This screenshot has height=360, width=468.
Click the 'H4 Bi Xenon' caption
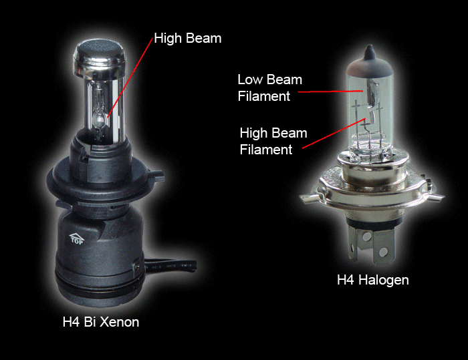tap(101, 322)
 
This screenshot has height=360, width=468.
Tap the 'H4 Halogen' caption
tap(373, 280)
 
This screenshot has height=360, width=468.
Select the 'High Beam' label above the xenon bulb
tap(188, 39)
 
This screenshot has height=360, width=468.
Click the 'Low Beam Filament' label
tap(270, 87)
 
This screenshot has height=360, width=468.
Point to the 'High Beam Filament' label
tap(273, 141)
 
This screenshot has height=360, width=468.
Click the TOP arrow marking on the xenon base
tap(77, 238)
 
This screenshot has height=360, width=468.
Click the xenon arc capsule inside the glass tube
tap(99, 120)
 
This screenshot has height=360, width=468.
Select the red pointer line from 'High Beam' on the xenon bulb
tap(130, 78)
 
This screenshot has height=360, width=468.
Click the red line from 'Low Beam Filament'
tap(330, 92)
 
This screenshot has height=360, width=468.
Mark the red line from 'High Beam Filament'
tap(334, 133)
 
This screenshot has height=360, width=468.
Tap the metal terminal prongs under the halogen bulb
tap(372, 244)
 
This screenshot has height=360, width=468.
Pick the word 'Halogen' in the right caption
tap(384, 280)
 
